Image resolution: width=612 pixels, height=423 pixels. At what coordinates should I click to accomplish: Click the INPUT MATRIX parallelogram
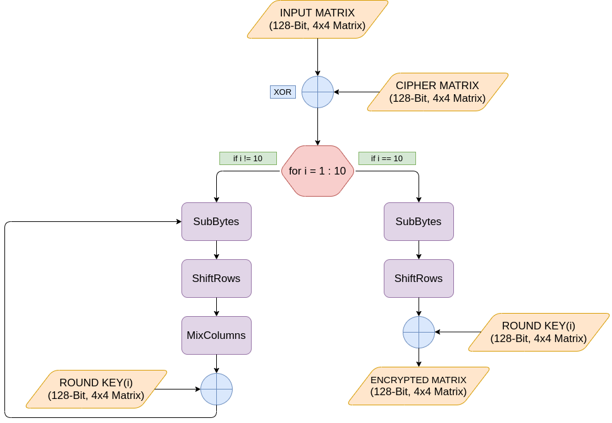(x=317, y=19)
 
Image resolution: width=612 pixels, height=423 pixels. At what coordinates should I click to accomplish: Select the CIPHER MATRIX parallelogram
(x=438, y=92)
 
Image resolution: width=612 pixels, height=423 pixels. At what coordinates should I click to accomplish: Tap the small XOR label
(x=283, y=92)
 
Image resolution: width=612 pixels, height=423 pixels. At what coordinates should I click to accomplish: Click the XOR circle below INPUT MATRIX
(x=317, y=92)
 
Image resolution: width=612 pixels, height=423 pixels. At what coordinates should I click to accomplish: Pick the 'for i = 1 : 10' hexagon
(x=317, y=171)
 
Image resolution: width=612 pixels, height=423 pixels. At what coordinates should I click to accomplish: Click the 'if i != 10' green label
(x=248, y=158)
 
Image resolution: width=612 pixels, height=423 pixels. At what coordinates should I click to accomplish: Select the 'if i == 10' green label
(x=387, y=158)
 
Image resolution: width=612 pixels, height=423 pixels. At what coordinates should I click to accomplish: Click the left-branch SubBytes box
(x=216, y=221)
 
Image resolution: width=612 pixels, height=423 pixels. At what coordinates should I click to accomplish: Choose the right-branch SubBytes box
(x=419, y=221)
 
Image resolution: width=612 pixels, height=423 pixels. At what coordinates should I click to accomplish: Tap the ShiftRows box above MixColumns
(x=216, y=278)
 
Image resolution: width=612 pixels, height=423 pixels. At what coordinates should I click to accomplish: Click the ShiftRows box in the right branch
(x=419, y=278)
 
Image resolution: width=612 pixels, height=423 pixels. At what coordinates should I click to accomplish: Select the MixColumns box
(x=216, y=335)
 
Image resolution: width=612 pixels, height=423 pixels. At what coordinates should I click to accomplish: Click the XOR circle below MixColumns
(x=216, y=389)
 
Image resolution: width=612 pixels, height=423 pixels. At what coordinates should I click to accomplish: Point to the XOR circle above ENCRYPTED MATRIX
(x=419, y=332)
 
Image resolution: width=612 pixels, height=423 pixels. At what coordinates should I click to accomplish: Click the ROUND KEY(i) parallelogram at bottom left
(x=96, y=389)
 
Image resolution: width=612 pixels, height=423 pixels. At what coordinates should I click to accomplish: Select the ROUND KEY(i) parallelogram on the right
(x=539, y=332)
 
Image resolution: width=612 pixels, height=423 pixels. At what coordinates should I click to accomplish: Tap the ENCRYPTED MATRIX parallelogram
(x=419, y=386)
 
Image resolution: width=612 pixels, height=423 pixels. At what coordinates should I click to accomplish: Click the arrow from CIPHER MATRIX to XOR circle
(x=355, y=92)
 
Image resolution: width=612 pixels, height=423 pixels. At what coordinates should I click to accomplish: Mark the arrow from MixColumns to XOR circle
(x=216, y=364)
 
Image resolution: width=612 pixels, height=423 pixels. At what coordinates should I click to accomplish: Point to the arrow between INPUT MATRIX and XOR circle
(x=317, y=57)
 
